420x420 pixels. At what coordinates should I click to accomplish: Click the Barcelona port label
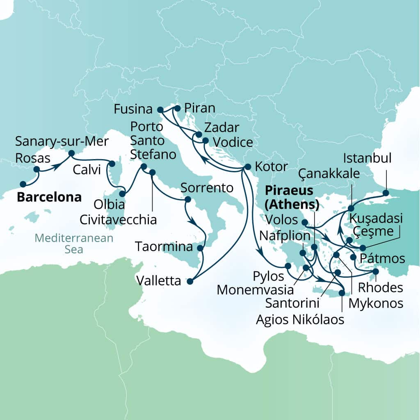click(x=49, y=197)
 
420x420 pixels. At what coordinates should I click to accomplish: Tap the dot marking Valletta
click(x=189, y=281)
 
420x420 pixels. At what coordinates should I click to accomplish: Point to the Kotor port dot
click(x=247, y=167)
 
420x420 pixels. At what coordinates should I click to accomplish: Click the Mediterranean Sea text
click(x=73, y=243)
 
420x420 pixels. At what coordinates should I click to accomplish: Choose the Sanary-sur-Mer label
click(x=62, y=142)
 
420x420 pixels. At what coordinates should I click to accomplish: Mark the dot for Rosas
click(x=37, y=169)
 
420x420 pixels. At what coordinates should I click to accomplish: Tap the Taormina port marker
click(x=200, y=248)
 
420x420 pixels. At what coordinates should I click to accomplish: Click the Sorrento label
click(x=207, y=188)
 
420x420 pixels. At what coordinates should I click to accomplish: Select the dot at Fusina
click(x=160, y=110)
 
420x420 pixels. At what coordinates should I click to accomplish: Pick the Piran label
click(x=200, y=108)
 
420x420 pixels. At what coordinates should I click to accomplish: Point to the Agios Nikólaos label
click(x=300, y=319)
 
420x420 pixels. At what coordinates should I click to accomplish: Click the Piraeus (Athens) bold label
click(x=292, y=197)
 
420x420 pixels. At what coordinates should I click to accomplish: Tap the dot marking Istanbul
click(x=386, y=192)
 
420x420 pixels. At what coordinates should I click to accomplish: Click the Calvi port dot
click(x=111, y=164)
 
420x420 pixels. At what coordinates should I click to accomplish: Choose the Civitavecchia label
click(x=119, y=219)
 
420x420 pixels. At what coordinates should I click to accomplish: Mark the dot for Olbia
click(x=122, y=194)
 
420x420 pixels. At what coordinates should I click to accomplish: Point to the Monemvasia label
click(x=255, y=290)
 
